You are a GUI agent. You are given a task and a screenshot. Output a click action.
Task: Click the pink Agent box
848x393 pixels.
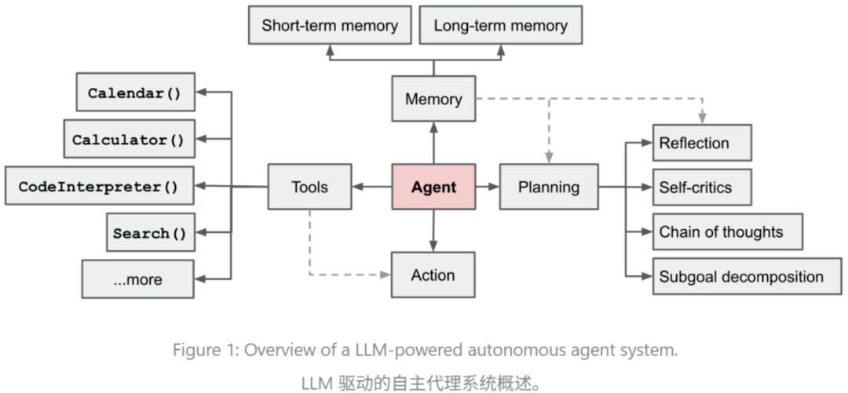[433, 187]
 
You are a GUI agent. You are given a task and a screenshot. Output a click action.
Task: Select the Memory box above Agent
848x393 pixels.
[433, 99]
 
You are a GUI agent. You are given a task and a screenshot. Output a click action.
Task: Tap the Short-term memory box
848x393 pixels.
[330, 25]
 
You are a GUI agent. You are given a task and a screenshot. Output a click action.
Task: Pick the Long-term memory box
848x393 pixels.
[501, 25]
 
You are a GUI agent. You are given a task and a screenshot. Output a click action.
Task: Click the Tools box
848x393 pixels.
[310, 187]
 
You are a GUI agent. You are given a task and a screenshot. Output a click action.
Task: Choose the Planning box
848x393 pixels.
[549, 187]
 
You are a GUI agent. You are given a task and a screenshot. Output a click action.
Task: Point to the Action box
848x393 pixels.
[433, 275]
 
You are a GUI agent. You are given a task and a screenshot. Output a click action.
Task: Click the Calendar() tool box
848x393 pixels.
[136, 93]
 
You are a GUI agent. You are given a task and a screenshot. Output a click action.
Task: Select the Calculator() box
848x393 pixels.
[130, 140]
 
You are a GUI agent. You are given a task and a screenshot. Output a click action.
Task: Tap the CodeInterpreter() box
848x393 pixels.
[100, 186]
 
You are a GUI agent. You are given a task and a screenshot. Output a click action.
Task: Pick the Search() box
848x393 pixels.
[151, 232]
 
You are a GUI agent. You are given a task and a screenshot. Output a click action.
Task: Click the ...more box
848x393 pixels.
[138, 279]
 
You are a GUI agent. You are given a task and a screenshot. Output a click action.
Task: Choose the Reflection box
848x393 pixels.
[702, 144]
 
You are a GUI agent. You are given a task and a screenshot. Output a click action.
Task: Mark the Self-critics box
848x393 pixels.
[702, 187]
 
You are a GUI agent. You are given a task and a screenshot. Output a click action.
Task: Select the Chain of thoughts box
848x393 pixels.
[727, 232]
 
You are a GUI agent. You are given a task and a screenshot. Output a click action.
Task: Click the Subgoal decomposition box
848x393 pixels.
[747, 276]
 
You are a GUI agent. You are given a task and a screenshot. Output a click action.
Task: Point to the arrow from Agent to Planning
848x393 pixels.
[488, 187]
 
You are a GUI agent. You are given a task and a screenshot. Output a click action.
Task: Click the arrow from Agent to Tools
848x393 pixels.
[371, 187]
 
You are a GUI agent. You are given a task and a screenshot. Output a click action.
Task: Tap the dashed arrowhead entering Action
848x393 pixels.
[386, 275]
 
